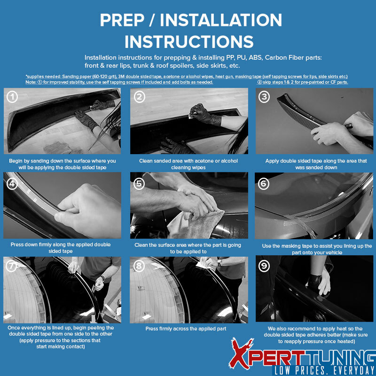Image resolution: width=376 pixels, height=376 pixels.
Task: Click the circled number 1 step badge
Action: [12, 97]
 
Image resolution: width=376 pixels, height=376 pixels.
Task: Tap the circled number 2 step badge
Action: [140, 97]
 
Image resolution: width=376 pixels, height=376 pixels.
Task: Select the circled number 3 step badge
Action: [264, 97]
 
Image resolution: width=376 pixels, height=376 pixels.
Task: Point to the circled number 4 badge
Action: [12, 184]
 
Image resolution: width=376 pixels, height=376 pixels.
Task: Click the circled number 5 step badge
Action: [139, 184]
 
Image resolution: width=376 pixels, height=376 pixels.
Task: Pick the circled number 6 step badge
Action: [264, 184]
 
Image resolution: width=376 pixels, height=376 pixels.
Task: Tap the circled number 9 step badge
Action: [264, 266]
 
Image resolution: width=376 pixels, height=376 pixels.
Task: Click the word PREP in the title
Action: [122, 20]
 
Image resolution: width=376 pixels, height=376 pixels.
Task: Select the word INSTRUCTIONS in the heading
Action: [189, 42]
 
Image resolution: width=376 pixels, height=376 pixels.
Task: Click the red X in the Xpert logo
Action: [241, 353]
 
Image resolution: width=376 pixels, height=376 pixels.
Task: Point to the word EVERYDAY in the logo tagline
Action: [352, 370]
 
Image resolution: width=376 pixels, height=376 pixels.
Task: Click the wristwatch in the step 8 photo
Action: [219, 263]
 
